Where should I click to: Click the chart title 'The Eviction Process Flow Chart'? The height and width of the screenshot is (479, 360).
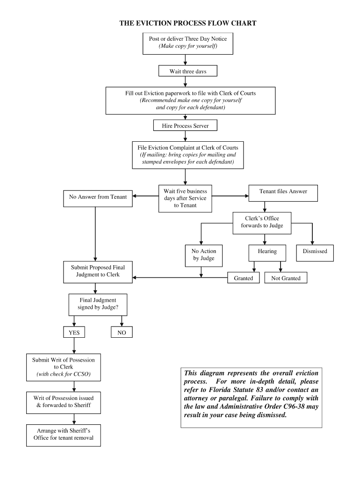coord(187,23)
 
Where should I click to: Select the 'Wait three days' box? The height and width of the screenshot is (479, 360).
coord(188,72)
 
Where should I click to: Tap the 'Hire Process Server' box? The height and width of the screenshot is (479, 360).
coord(185,126)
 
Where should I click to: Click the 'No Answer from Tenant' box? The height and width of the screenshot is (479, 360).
coord(98,197)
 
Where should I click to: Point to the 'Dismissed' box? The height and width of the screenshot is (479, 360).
coord(315,251)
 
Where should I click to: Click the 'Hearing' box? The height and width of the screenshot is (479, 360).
coord(267,251)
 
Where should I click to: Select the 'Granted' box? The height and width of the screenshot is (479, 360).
coord(243,278)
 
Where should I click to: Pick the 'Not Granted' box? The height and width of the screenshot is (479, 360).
coord(286,278)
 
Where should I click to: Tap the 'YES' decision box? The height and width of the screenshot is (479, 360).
coord(74,333)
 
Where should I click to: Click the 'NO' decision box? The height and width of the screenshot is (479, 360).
coord(122,333)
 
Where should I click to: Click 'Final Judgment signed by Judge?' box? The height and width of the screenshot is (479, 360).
coord(98,304)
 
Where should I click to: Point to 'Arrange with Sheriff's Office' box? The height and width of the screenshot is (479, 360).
coord(63,435)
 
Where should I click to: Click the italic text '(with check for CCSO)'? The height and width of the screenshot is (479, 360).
coord(63,374)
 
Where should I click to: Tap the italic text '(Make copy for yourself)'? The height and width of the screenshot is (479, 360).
coord(187,46)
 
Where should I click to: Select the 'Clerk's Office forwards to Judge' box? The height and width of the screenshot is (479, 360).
coord(262,222)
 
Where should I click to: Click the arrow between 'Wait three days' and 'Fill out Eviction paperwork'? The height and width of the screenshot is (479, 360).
coord(186,82)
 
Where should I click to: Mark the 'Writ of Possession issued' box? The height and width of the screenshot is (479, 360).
coord(63,401)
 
